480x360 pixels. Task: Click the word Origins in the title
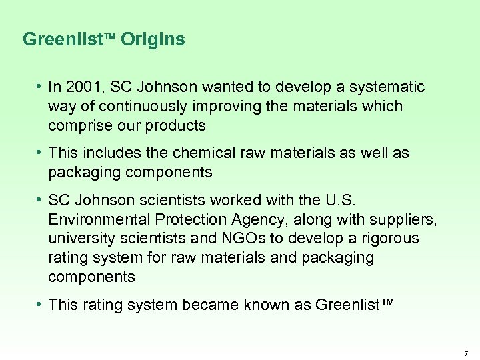pyautogui.click(x=153, y=40)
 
